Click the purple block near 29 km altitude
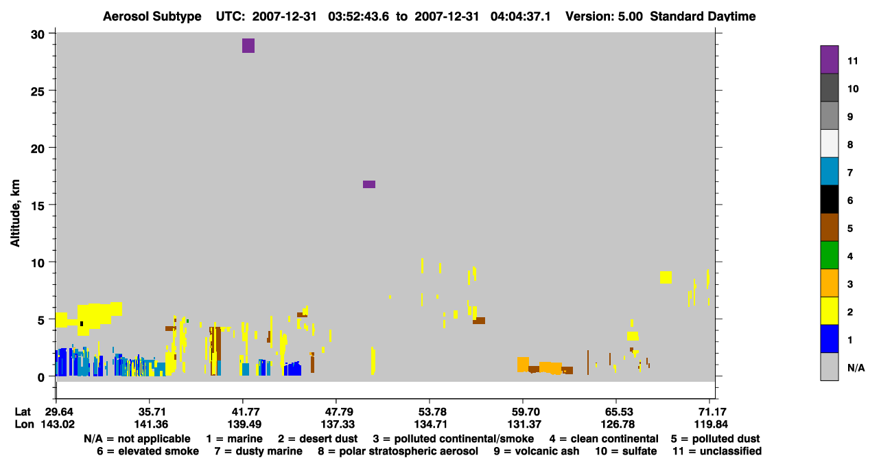click(248, 45)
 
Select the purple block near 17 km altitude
click(368, 184)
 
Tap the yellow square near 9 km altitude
click(666, 277)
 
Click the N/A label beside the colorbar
click(856, 367)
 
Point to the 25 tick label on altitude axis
click(38, 92)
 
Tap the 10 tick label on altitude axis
click(38, 263)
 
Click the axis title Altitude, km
click(15, 214)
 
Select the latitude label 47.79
click(338, 411)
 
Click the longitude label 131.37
click(524, 424)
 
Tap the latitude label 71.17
click(711, 411)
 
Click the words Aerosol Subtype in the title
click(152, 16)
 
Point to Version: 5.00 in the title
click(604, 16)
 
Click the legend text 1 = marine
click(234, 439)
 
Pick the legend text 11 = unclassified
click(717, 451)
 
